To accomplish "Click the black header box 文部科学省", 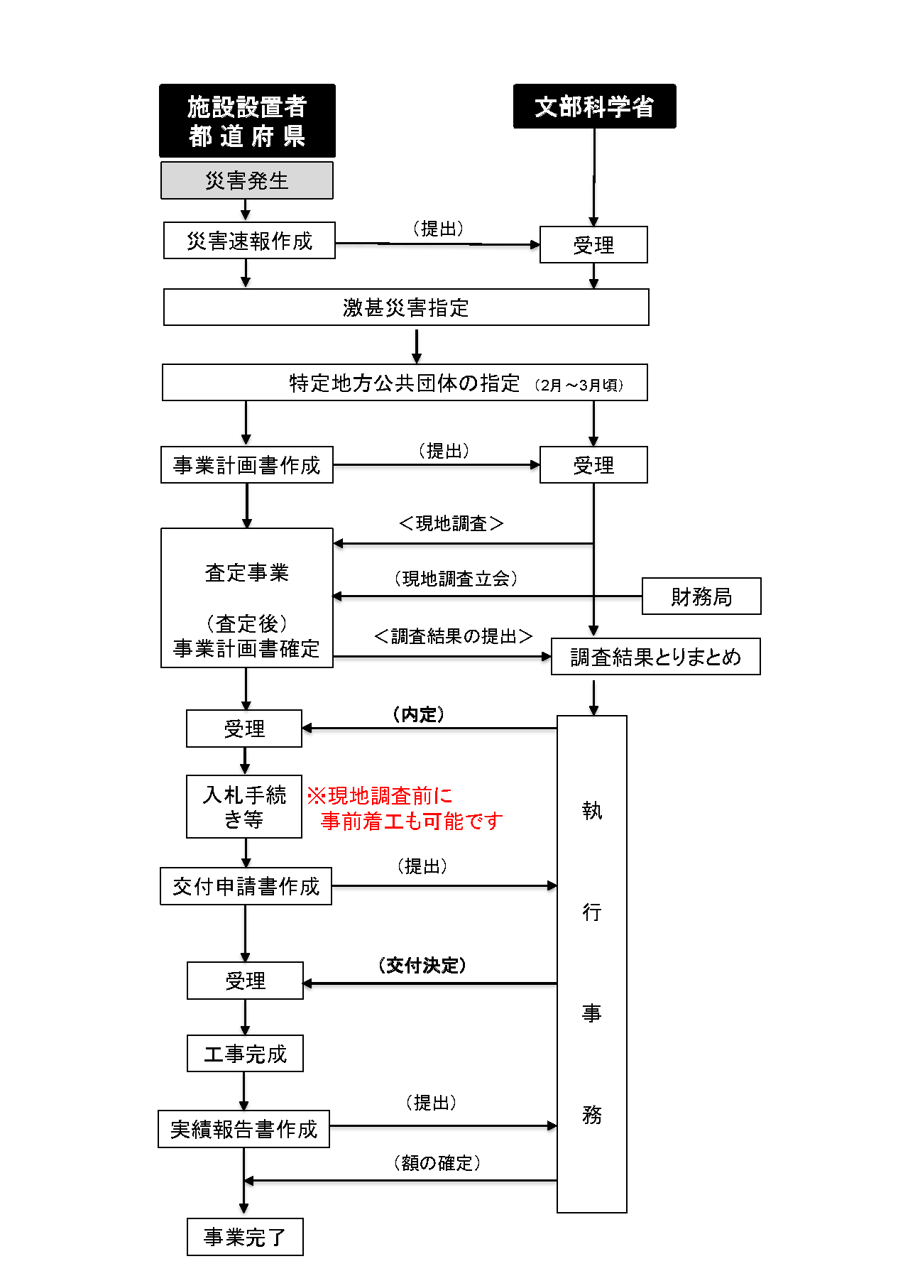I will click(594, 107).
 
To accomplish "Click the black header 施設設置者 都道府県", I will click(247, 121).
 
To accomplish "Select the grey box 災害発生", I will click(247, 180).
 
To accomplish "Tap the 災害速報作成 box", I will click(249, 241).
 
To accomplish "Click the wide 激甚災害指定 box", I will click(406, 307).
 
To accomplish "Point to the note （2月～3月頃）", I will click(579, 385).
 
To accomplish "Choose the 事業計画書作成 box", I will click(247, 465).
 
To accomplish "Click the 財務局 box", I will click(701, 596).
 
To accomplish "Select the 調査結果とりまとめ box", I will click(655, 657).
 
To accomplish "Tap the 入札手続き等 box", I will click(244, 807).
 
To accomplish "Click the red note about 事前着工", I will click(405, 809).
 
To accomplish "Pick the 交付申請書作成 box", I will click(246, 886).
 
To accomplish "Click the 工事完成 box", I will click(245, 1054).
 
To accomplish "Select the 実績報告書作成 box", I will click(243, 1129).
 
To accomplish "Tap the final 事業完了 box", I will click(245, 1237).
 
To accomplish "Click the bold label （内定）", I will click(419, 714).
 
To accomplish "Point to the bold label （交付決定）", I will click(422, 965).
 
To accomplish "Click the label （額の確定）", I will click(437, 1162).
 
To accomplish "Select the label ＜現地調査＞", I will click(451, 523).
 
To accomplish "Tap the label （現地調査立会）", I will click(456, 579).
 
